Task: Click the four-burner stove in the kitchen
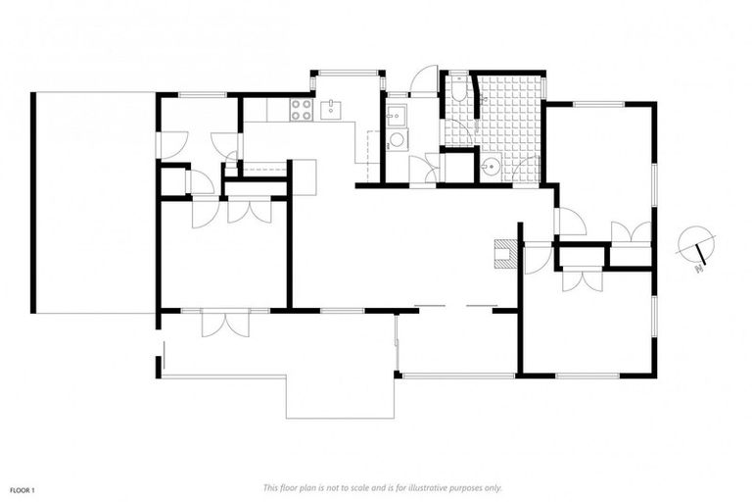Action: (x=302, y=111)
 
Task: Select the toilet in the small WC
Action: (x=458, y=92)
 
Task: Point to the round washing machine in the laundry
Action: (x=397, y=140)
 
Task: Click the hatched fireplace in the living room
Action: (x=504, y=252)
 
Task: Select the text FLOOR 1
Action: (x=23, y=487)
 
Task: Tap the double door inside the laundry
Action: (x=425, y=169)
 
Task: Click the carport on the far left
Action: (x=94, y=202)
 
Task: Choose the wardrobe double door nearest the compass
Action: (x=631, y=233)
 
